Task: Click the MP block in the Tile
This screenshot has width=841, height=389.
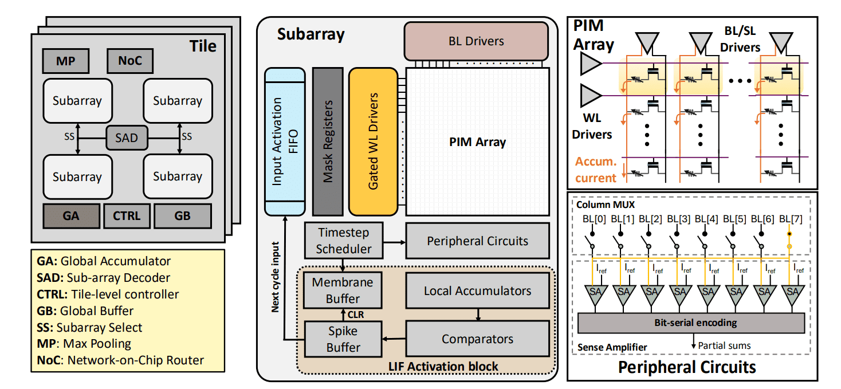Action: [65, 61]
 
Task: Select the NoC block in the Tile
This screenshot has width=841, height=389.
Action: [129, 61]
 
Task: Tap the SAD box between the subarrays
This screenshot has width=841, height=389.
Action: [126, 138]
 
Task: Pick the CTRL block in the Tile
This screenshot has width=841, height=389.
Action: [126, 217]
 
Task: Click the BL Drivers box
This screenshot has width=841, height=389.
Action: [476, 41]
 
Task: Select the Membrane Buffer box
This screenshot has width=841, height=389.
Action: [343, 290]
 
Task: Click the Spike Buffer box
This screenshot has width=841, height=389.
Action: [343, 339]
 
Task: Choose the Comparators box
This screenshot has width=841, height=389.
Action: [477, 339]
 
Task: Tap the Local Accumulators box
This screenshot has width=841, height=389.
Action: [477, 290]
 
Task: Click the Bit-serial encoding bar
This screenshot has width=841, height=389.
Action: [695, 323]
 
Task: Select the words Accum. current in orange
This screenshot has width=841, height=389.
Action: [596, 170]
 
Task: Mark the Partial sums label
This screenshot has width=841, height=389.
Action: [724, 345]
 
